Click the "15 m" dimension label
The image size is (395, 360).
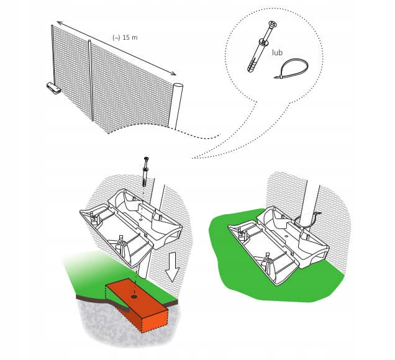click(130, 37)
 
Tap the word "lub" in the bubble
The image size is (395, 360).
click(278, 52)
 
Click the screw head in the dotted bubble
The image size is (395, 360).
click(272, 25)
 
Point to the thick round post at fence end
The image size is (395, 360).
click(176, 106)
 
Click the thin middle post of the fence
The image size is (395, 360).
click(91, 80)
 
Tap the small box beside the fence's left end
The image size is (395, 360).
click(53, 88)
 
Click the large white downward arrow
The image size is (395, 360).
click(172, 267)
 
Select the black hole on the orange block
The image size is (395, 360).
click(134, 297)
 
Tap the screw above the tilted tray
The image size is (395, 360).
click(145, 171)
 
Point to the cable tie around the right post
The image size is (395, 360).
click(306, 220)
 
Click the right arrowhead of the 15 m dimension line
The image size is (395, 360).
click(173, 73)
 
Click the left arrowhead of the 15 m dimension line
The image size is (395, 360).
click(60, 23)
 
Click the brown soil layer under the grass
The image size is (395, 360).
click(101, 299)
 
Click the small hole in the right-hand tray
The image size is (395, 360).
click(286, 236)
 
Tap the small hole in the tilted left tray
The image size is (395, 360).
click(140, 220)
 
